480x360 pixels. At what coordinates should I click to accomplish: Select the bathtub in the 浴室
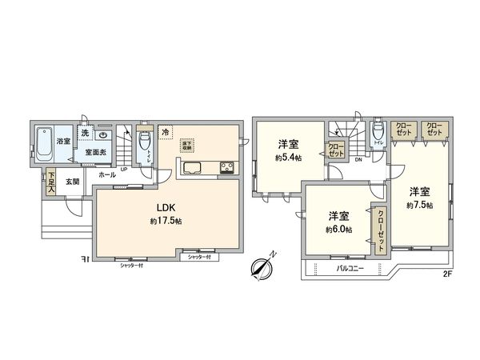(45, 144)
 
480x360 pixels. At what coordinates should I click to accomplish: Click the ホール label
(106, 174)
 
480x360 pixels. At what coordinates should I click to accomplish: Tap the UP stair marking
(124, 167)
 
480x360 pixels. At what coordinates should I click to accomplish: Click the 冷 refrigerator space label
(165, 133)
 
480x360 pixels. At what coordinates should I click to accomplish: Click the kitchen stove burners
(226, 167)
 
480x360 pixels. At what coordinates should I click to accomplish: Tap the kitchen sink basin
(194, 167)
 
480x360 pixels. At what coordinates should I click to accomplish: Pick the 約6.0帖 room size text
(337, 230)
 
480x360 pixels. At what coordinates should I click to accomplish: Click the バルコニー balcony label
(350, 269)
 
